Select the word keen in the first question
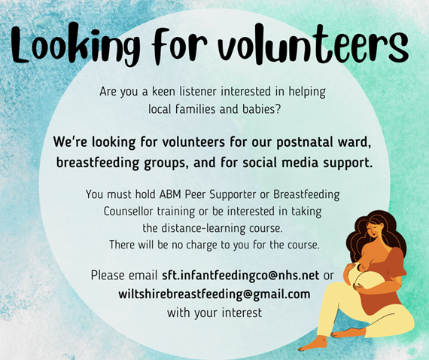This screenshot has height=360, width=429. tap(163, 91)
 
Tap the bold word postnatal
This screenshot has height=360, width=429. tap(303, 142)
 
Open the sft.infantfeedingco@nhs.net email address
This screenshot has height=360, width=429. tap(241, 276)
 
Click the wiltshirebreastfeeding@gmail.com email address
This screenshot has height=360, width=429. tap(214, 294)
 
